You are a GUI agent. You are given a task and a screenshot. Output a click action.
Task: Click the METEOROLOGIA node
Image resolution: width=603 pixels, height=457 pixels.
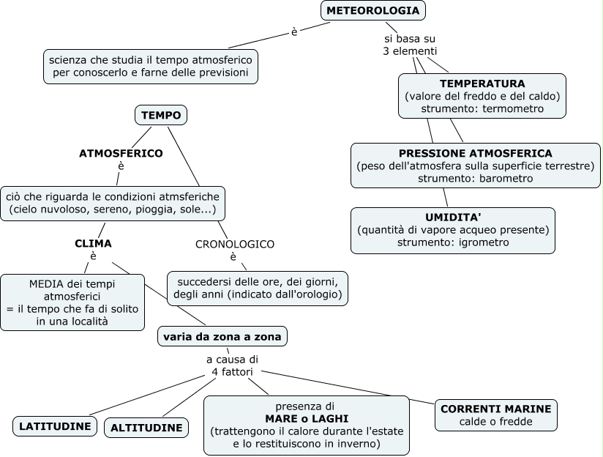click(x=372, y=11)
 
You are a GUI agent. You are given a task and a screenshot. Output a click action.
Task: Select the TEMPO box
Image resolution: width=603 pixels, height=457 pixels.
click(x=161, y=115)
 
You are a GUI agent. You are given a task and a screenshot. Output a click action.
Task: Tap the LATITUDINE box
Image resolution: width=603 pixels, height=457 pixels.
click(x=55, y=426)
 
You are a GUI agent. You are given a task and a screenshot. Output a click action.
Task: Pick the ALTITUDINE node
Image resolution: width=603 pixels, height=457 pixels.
click(x=146, y=428)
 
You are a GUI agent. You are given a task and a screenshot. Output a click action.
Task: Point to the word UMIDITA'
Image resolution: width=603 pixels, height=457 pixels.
click(x=453, y=217)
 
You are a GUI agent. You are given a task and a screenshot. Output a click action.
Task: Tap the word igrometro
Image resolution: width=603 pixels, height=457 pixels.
click(x=484, y=242)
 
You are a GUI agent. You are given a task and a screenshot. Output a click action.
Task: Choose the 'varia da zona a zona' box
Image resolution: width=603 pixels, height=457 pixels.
click(x=222, y=336)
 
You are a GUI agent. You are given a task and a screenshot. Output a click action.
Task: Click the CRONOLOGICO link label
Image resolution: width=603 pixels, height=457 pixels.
click(x=234, y=244)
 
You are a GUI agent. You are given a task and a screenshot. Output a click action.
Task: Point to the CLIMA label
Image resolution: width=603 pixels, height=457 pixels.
click(x=93, y=243)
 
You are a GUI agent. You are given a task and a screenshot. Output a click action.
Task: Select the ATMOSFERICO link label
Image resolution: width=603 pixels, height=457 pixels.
click(x=121, y=153)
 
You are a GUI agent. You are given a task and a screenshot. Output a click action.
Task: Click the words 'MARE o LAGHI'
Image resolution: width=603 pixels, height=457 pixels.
click(x=306, y=418)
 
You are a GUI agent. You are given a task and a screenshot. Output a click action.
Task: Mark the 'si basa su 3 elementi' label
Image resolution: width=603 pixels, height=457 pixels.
click(x=410, y=45)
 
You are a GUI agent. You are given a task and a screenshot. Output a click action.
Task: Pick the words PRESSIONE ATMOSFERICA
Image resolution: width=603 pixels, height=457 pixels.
click(x=475, y=153)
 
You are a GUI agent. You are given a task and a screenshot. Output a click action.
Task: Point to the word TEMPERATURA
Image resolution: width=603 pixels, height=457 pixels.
click(x=482, y=83)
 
